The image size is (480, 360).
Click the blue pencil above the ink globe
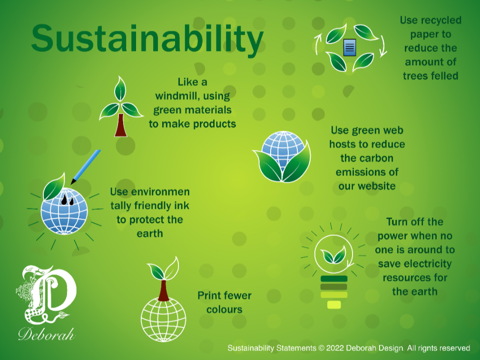(x=86, y=166)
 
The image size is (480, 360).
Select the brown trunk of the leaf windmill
(x=120, y=126)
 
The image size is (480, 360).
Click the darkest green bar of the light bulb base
(x=334, y=279)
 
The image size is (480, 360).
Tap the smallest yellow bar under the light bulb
(x=334, y=304)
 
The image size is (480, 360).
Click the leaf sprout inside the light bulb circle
(x=333, y=256)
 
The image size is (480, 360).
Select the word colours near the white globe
(x=224, y=310)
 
